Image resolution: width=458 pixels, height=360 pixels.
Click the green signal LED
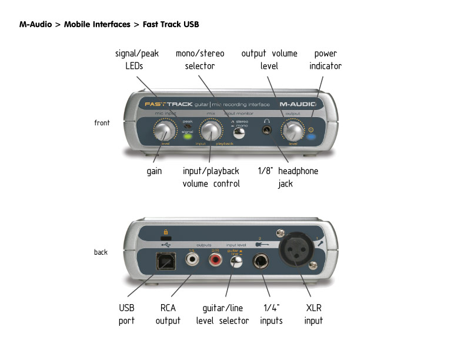(x=188, y=139)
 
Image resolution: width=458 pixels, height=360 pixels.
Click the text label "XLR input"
(x=313, y=314)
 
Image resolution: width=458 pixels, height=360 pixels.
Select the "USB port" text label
(x=126, y=314)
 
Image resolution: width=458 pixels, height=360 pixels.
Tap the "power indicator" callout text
(x=325, y=60)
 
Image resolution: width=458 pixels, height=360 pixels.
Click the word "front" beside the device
(x=102, y=123)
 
